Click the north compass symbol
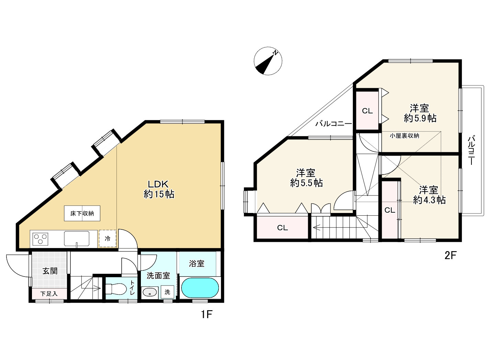pos(268,61)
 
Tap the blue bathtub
pos(200,288)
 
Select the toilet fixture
pos(115,289)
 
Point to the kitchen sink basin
pos(77,239)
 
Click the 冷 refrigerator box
pos(108,238)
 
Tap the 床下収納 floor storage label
pos(82,213)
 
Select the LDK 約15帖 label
pos(159,189)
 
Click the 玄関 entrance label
pos(50,271)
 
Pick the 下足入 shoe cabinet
pos(49,294)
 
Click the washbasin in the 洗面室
pos(149,292)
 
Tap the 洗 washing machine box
pos(167,292)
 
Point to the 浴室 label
pos(197,263)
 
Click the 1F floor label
pos(207,315)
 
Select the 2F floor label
pos(450,256)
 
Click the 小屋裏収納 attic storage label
pos(404,136)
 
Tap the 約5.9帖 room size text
pos(420,118)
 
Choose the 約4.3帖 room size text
pos(429,200)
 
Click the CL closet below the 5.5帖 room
pos(282,228)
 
